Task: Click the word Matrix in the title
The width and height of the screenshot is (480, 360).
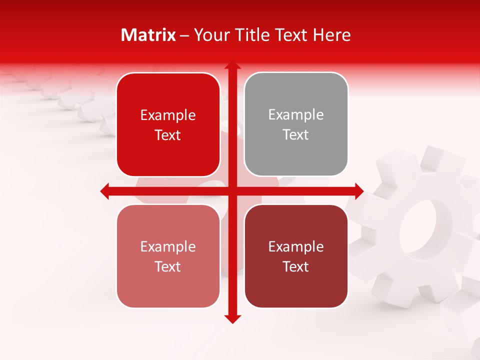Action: pos(148,35)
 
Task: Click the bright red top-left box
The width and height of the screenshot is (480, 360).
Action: pos(168,124)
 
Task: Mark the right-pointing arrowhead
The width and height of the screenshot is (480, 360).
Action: pos(358,191)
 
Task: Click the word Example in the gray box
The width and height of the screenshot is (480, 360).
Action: pos(296,115)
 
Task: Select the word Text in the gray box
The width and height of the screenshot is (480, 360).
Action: pos(296,135)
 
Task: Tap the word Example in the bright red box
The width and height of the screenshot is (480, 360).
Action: pos(168,115)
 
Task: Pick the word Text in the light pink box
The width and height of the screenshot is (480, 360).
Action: pos(168,267)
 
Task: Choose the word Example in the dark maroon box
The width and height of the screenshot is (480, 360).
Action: pos(296,246)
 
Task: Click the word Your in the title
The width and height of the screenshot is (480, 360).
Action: pos(209,35)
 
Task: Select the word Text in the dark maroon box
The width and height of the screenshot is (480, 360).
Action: pos(296,267)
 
